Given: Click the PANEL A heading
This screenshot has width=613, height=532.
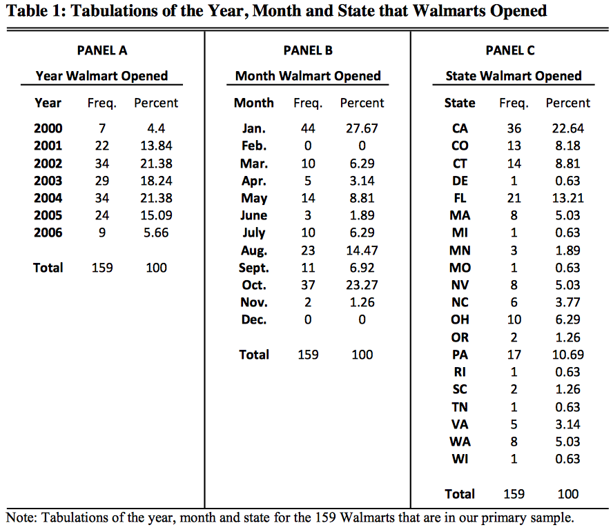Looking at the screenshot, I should coord(101,50).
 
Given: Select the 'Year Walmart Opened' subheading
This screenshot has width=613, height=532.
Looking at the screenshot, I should coord(101,76).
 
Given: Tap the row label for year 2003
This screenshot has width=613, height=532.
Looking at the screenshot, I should coord(48,181).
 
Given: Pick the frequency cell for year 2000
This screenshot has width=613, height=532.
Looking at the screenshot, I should coord(101,128).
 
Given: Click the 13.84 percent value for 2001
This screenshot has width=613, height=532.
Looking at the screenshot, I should coord(156,146).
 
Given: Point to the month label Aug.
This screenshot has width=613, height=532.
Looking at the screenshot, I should coord(253,250).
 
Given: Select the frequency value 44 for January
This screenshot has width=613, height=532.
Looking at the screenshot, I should coord(308,128).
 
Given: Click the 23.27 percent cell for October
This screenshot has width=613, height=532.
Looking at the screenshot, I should coord(362,285).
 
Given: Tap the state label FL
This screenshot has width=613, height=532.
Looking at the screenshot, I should coord(460,198).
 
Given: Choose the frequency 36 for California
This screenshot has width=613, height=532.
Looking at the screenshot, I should coord(514,128).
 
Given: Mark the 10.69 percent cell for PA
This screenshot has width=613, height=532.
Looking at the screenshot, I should coord(567,355).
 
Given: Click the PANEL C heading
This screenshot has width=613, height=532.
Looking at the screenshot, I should coord(510,50).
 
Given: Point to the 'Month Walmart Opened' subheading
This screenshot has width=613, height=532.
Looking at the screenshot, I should coord(308,76).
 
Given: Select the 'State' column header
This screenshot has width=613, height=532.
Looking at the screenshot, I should coord(460,103).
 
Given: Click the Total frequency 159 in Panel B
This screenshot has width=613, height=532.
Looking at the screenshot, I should coord(308,355).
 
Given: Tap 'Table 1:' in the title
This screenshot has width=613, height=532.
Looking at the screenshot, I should coord(35,11).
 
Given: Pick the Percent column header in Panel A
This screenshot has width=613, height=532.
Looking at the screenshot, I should coord(156,103).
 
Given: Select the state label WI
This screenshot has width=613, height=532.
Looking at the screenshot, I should coord(460,459).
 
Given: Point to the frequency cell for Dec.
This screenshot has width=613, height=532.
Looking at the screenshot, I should coord(308,319).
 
